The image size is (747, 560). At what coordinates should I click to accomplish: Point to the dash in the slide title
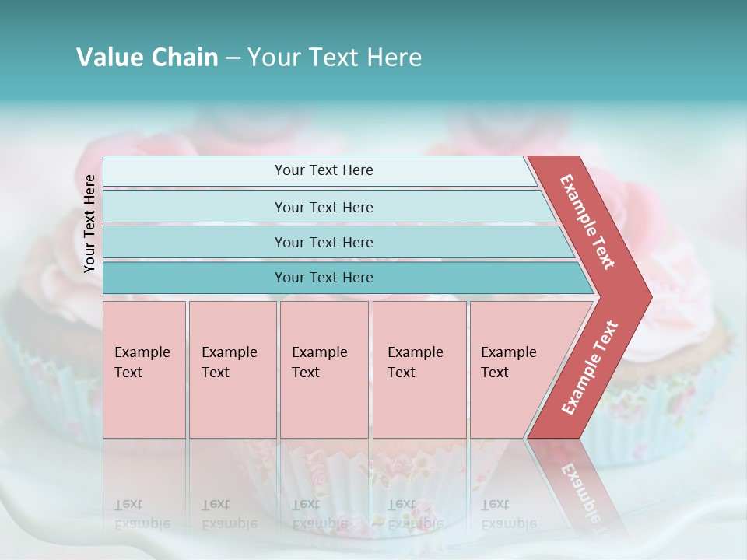[233, 58]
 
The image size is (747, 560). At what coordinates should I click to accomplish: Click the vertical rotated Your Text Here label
[89, 223]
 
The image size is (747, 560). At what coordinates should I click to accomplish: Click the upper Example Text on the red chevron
[588, 222]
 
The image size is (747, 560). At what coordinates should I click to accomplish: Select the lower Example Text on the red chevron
[590, 368]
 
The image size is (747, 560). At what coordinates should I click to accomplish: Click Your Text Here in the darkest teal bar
[324, 278]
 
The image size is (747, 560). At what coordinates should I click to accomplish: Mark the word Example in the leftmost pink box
[142, 352]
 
